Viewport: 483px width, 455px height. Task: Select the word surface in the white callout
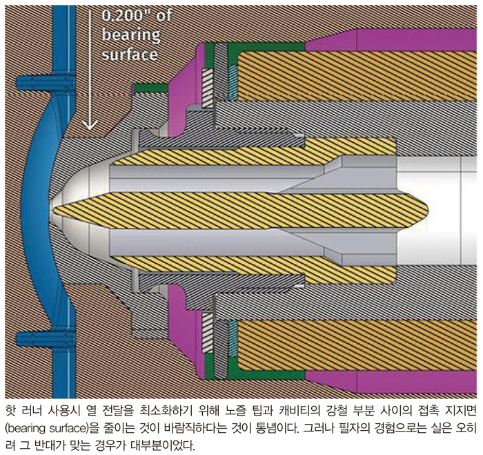(130, 54)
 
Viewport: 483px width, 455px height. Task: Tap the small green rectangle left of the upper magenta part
(147, 88)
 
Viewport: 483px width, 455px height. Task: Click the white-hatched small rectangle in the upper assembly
(206, 85)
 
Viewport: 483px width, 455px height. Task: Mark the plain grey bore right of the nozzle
(442, 206)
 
